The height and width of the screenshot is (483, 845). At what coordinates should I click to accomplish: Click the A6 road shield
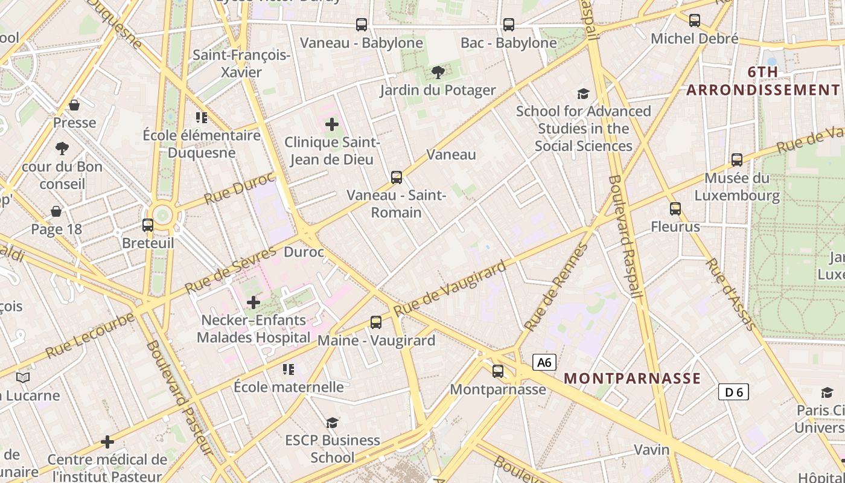544,362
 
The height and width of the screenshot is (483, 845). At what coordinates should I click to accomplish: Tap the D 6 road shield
733,392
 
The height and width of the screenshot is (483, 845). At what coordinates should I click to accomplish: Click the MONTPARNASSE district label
632,379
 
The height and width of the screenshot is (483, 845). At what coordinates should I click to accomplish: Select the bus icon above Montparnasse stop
498,371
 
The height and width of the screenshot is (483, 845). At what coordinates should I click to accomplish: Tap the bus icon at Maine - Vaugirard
376,322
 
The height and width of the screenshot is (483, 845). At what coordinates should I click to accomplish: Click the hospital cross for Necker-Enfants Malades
253,302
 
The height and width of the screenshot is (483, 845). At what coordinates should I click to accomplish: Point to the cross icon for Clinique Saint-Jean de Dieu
332,125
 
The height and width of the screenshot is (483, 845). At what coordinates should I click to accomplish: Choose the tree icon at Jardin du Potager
438,73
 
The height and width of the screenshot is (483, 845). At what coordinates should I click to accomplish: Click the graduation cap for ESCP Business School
332,423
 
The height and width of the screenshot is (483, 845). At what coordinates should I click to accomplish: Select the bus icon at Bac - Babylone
509,25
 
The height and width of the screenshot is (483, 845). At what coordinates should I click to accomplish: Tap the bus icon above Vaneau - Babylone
362,25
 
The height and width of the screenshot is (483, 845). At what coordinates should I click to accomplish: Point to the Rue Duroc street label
239,189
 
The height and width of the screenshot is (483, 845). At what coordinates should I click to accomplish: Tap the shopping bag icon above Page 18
56,211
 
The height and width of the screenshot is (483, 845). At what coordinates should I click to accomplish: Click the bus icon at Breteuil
148,225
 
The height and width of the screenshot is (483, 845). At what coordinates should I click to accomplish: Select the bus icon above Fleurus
675,209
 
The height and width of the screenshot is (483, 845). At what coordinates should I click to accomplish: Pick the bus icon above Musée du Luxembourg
737,160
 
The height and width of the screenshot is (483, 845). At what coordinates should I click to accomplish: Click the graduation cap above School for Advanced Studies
583,94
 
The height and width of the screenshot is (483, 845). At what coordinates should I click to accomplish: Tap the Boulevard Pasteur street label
179,398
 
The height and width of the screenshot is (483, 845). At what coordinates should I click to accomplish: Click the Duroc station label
304,252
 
